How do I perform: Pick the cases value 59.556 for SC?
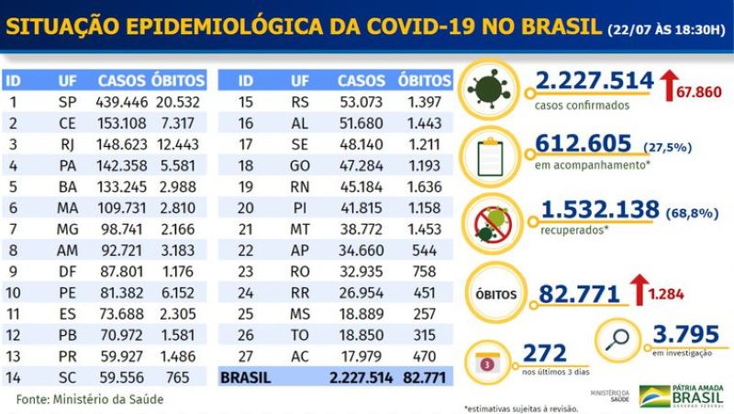[x=122, y=376]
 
